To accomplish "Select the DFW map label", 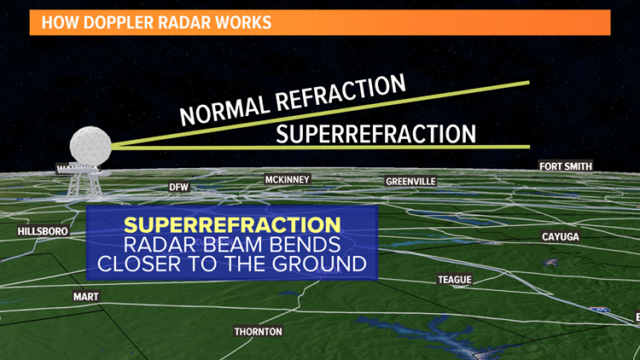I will pyautogui.click(x=178, y=187).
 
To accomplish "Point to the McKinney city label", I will pyautogui.click(x=287, y=180).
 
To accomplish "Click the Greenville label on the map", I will pyautogui.click(x=410, y=182).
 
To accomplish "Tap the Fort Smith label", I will pyautogui.click(x=565, y=166).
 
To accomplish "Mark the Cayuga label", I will pyautogui.click(x=561, y=236).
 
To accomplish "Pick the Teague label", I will pyautogui.click(x=454, y=280).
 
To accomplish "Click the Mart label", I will pyautogui.click(x=86, y=297).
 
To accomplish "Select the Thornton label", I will pyautogui.click(x=258, y=331).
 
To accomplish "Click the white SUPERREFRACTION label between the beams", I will pyautogui.click(x=375, y=133).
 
